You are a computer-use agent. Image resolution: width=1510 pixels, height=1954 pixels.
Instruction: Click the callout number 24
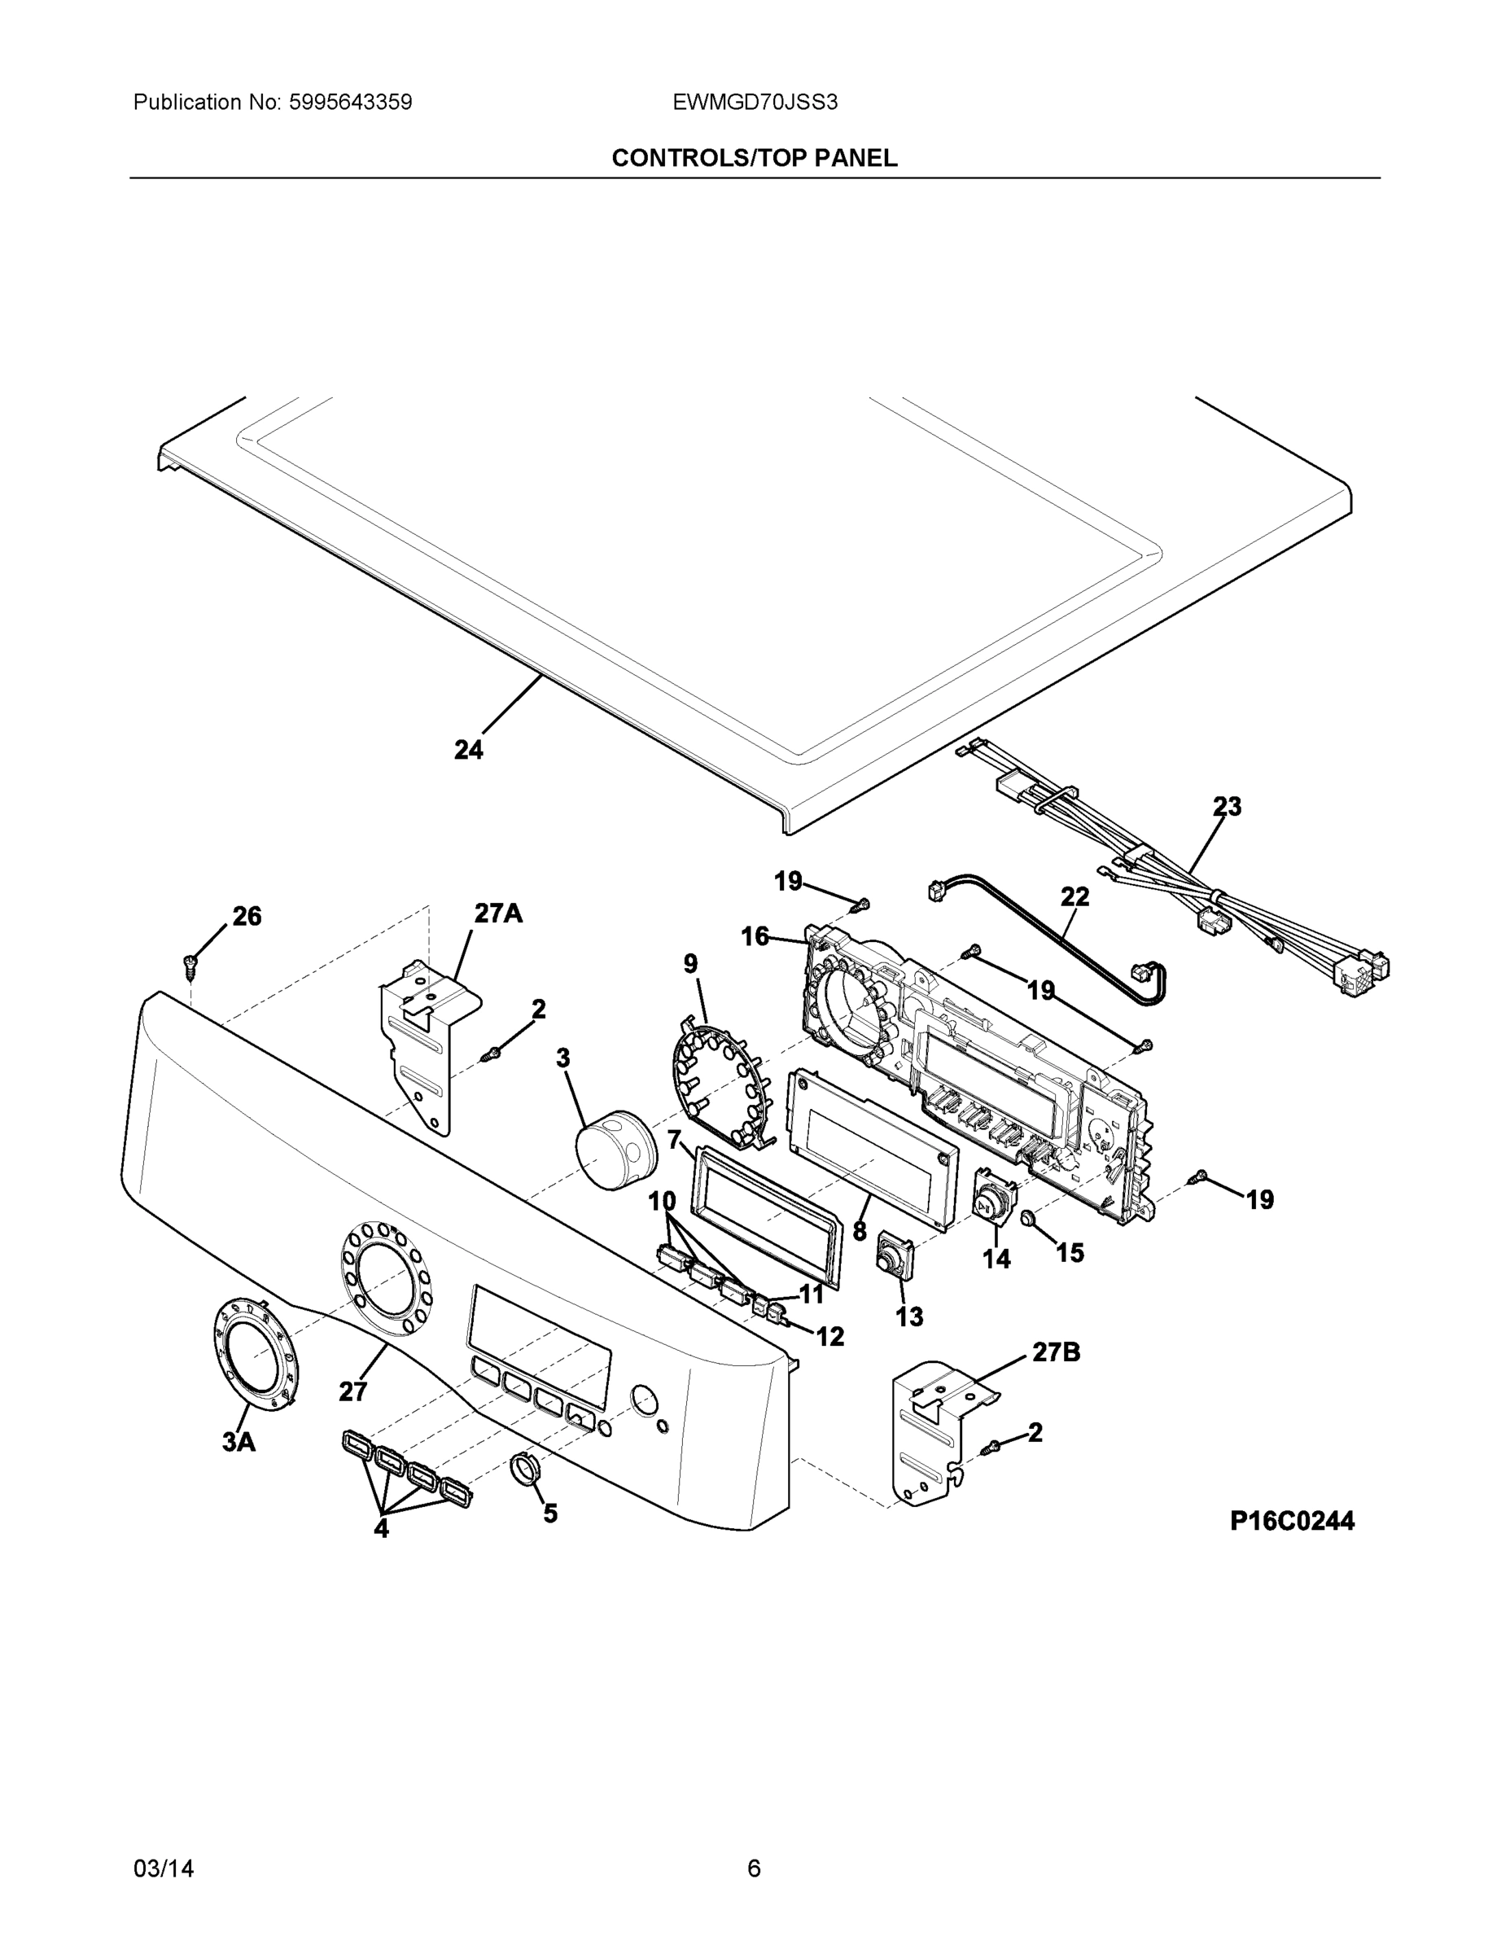(x=468, y=750)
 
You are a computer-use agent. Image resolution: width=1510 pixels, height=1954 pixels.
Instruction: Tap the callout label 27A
(x=498, y=913)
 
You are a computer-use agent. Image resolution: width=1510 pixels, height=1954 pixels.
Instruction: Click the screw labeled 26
(x=190, y=965)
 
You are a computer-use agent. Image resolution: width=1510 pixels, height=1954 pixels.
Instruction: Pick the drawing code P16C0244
(x=1292, y=1521)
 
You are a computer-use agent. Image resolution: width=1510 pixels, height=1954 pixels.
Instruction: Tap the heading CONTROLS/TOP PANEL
(x=754, y=159)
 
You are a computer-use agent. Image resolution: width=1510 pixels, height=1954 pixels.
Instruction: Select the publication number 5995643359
(x=350, y=102)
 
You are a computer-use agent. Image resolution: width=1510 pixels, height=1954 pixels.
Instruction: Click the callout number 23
(x=1228, y=806)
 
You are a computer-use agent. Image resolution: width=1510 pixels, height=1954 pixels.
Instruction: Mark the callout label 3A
(x=239, y=1441)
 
